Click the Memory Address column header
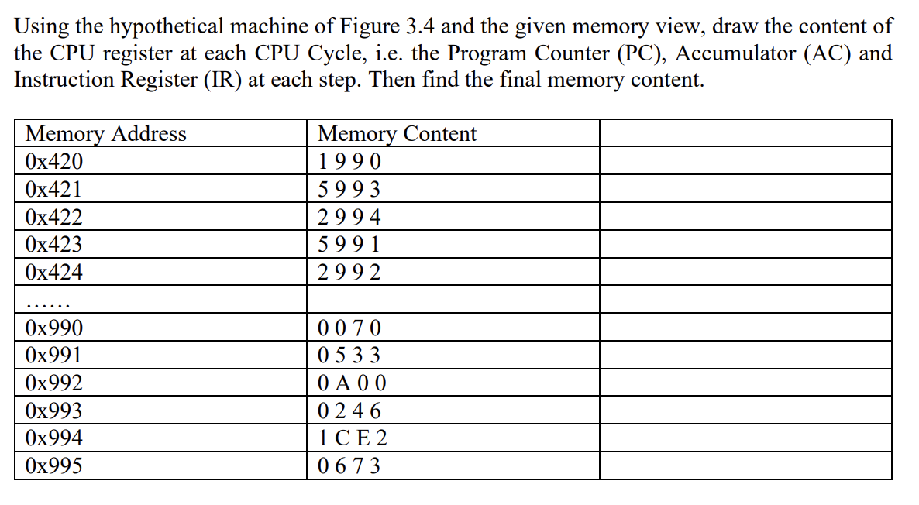pyautogui.click(x=105, y=134)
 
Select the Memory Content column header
pyautogui.click(x=397, y=134)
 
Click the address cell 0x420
pyautogui.click(x=53, y=162)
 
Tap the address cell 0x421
pyautogui.click(x=53, y=190)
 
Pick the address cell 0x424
pyautogui.click(x=53, y=273)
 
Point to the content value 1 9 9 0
pyautogui.click(x=349, y=162)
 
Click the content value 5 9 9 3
pyautogui.click(x=349, y=190)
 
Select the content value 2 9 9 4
pyautogui.click(x=349, y=218)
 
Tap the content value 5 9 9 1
pyautogui.click(x=349, y=245)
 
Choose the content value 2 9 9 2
pyautogui.click(x=349, y=273)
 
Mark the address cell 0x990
pyautogui.click(x=53, y=328)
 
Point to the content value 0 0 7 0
pyautogui.click(x=349, y=328)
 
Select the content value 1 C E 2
pyautogui.click(x=353, y=439)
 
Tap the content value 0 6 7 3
pyautogui.click(x=349, y=466)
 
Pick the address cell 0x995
pyautogui.click(x=53, y=466)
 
